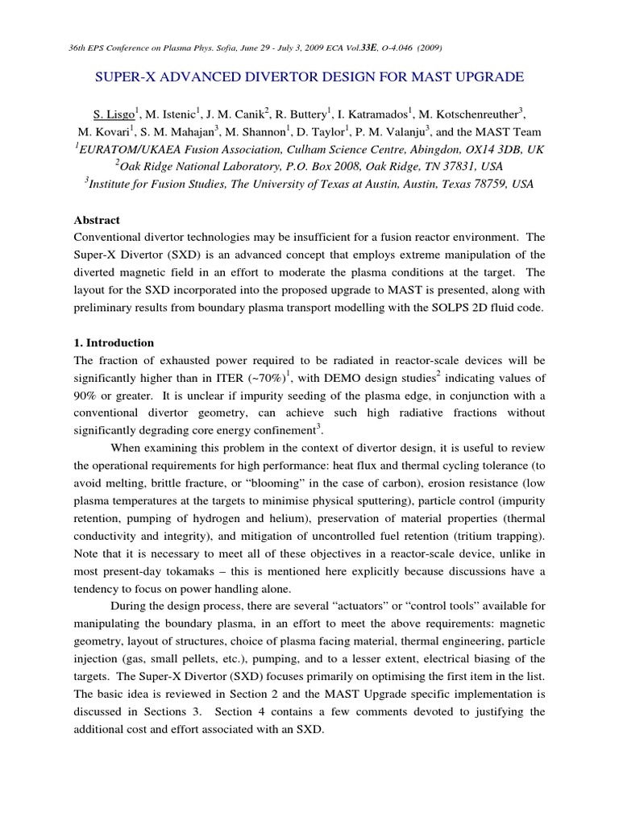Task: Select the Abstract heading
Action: pyautogui.click(x=97, y=220)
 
